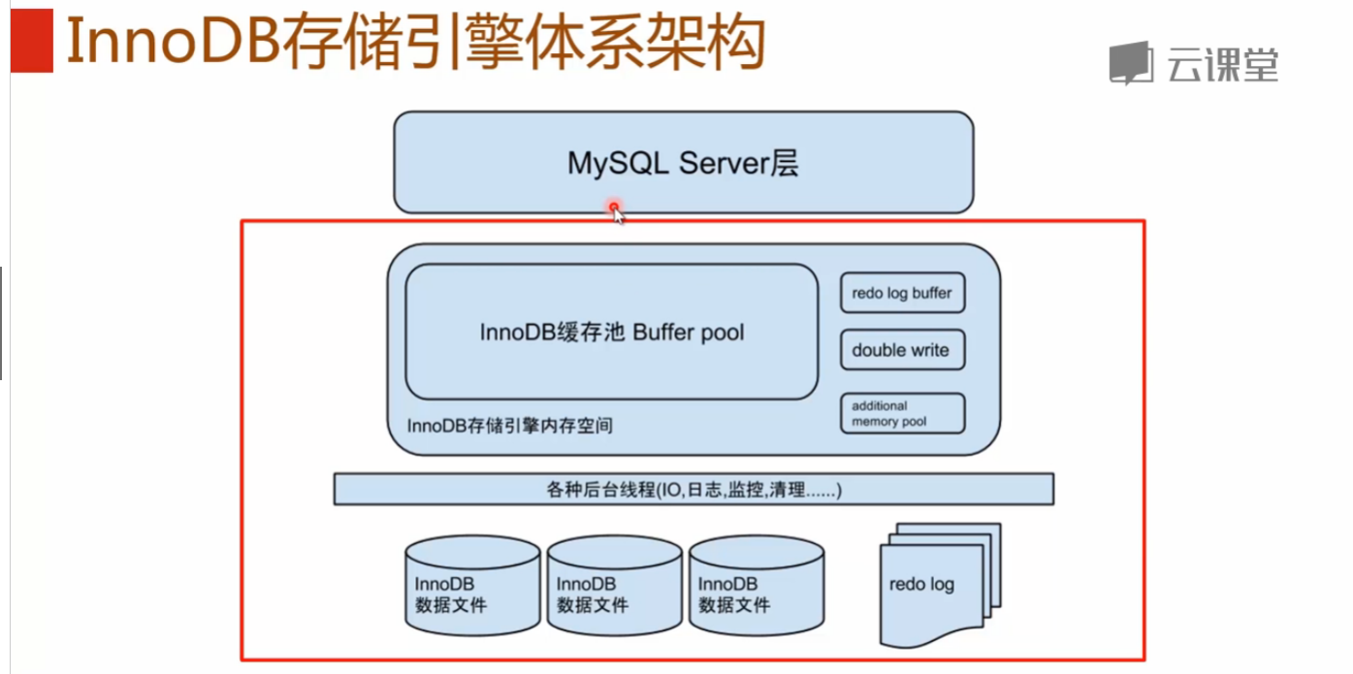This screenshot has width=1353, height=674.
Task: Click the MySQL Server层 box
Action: (683, 163)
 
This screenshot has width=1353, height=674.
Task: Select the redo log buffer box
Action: (902, 293)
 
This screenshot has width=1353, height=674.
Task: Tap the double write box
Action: (902, 350)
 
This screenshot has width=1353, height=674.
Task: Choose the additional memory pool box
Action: (902, 413)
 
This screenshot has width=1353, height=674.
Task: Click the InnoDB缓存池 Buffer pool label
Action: (612, 332)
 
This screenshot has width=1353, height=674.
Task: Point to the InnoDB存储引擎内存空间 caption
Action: (510, 426)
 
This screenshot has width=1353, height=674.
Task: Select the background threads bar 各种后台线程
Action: (693, 490)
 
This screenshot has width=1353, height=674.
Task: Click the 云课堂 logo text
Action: (1223, 64)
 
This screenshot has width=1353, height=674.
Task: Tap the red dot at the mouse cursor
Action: (614, 207)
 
